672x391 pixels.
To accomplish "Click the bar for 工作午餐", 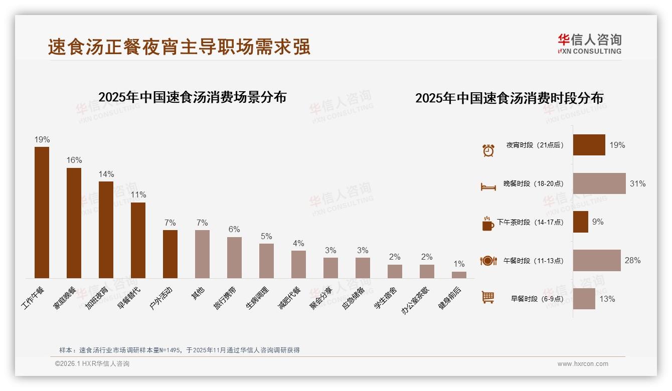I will pyautogui.click(x=42, y=213).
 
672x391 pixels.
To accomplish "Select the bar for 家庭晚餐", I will pyautogui.click(x=74, y=223).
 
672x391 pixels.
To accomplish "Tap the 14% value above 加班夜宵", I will pyautogui.click(x=106, y=174).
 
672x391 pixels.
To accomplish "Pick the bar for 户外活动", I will pyautogui.click(x=170, y=254).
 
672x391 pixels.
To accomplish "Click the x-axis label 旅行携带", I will pyautogui.click(x=226, y=298).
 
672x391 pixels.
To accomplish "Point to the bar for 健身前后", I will pyautogui.click(x=459, y=275).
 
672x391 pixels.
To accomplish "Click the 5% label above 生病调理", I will pyautogui.click(x=266, y=236).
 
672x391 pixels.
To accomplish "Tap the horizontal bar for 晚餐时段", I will pyautogui.click(x=599, y=183).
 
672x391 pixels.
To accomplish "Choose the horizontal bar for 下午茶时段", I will pyautogui.click(x=581, y=222).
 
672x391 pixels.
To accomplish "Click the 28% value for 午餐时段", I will pyautogui.click(x=632, y=261).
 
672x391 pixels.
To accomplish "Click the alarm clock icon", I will pyautogui.click(x=488, y=150).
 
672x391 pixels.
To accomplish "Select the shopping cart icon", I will pyautogui.click(x=488, y=297).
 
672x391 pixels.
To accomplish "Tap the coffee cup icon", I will pyautogui.click(x=488, y=224).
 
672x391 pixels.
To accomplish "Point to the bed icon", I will pyautogui.click(x=488, y=186).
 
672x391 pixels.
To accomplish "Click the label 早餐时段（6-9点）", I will pyautogui.click(x=537, y=299).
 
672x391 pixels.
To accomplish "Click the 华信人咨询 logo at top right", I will pyautogui.click(x=589, y=44).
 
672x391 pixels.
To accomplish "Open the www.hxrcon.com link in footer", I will pyautogui.click(x=583, y=364).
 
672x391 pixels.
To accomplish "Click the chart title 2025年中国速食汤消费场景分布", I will pyautogui.click(x=192, y=97).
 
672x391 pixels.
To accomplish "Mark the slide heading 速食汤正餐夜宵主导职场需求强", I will pyautogui.click(x=179, y=47).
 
